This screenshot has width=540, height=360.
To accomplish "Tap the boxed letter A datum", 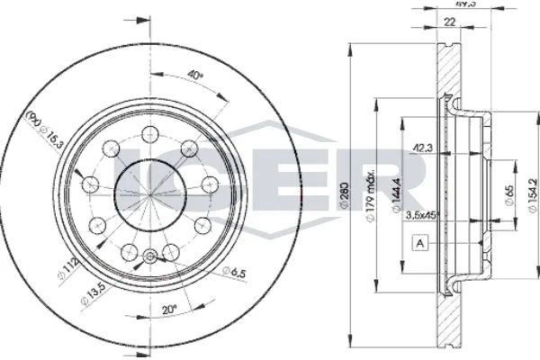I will click(419, 242).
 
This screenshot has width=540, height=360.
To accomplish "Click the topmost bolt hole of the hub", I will click(150, 133).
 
